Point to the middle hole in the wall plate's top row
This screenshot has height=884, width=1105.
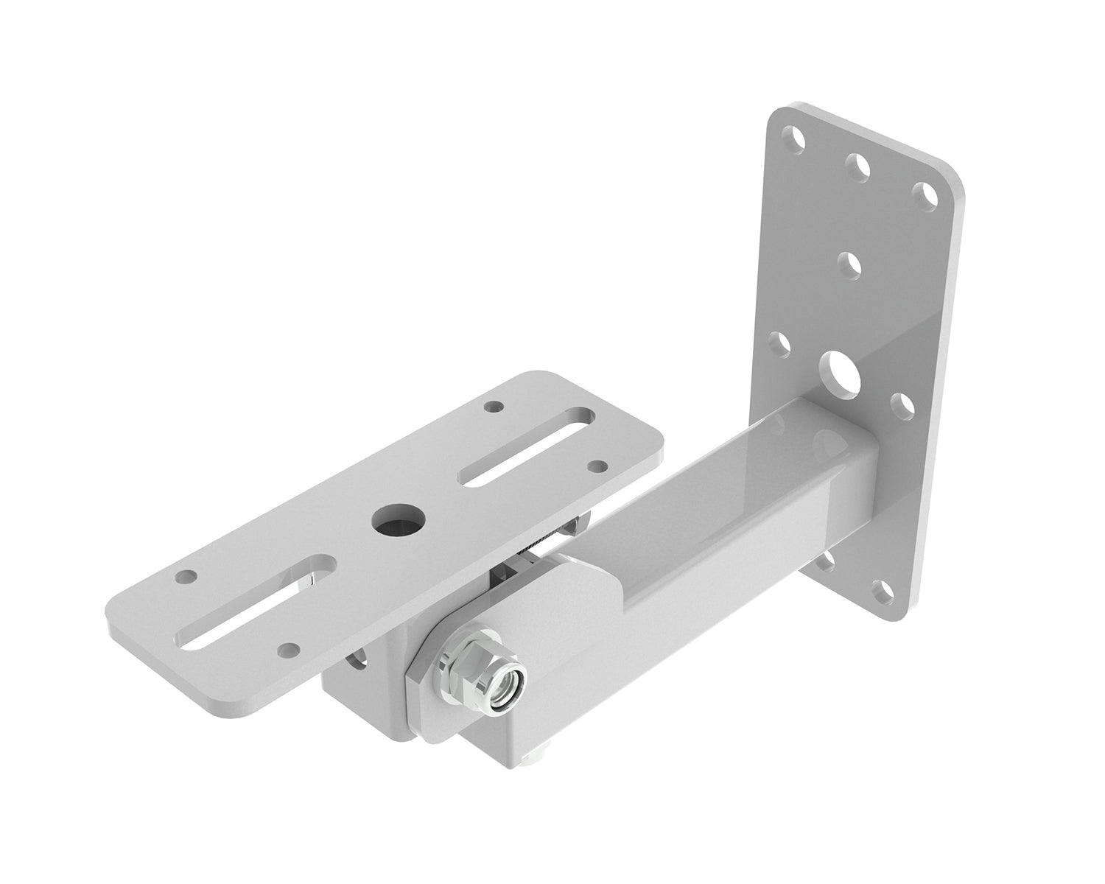pos(857,166)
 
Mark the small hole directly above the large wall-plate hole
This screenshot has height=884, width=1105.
pos(851,264)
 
